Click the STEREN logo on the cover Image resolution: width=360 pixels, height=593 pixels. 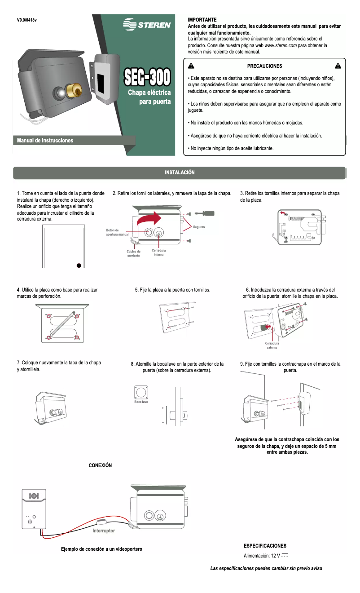coord(147,25)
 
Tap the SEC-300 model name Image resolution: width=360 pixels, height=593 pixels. coord(147,77)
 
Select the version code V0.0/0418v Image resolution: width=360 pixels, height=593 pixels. coord(27,20)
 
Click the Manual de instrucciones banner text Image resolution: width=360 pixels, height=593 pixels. coord(45,141)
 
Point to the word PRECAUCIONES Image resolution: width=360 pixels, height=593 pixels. coord(264,66)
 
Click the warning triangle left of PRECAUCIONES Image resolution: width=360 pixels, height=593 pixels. coord(190,66)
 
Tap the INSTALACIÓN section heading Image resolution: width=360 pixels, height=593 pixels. coord(180,173)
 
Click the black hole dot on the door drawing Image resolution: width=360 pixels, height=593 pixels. coord(79,266)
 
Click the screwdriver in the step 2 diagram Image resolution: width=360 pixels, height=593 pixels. coord(206,213)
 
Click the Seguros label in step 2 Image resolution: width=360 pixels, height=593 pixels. coord(199,227)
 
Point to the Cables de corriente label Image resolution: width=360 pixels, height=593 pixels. coord(133,253)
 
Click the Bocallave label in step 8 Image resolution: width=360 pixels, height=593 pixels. coord(141,401)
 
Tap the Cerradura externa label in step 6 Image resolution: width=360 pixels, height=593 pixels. coord(272,345)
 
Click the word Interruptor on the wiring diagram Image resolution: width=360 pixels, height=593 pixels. coord(104,531)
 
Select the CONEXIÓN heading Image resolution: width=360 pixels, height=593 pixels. coord(100,465)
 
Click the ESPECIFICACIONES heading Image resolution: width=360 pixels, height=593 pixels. coord(265,545)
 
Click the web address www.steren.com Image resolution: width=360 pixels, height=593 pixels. coord(280,45)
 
